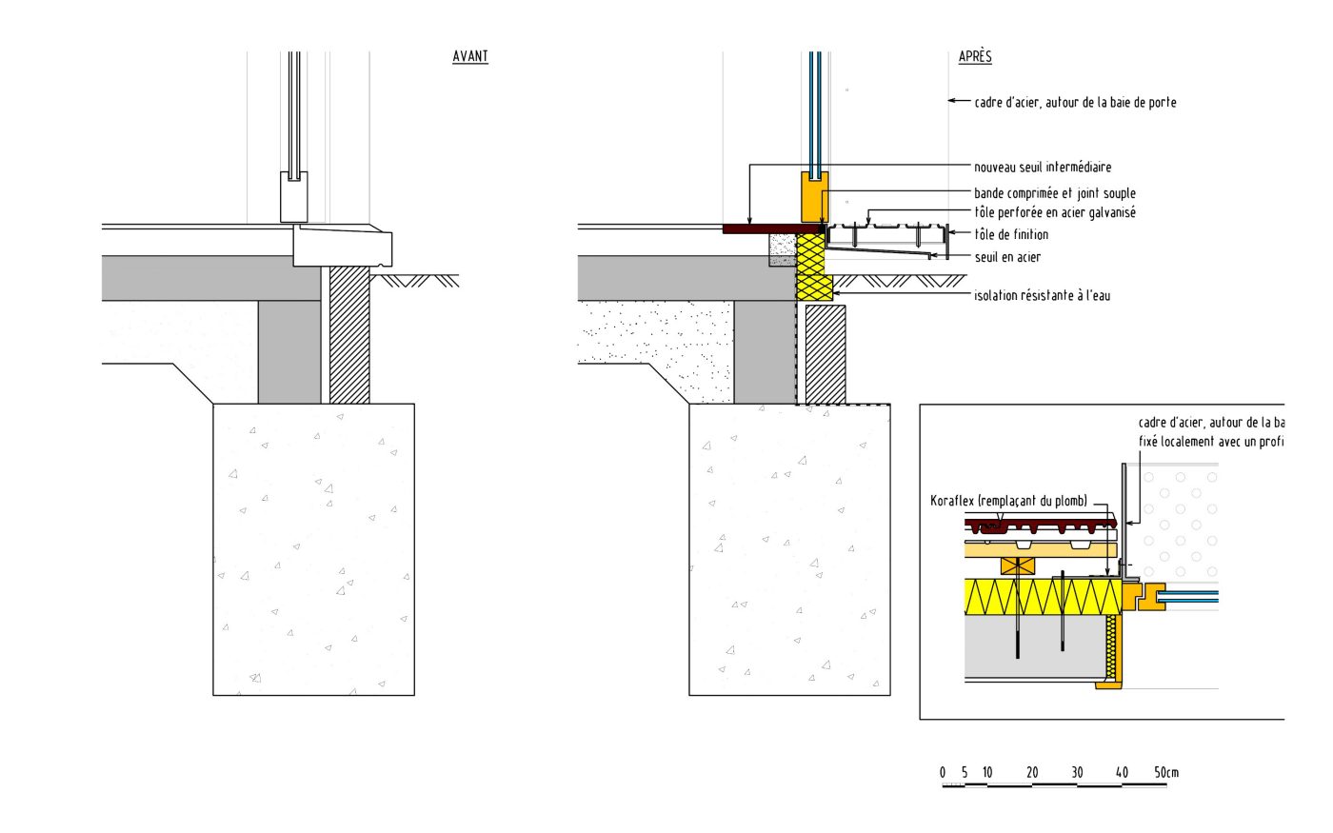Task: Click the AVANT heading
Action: click(469, 57)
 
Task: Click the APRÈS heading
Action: click(975, 57)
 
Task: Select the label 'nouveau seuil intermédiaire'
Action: click(1043, 168)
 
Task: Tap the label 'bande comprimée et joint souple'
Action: click(1054, 193)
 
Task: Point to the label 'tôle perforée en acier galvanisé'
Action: click(1054, 213)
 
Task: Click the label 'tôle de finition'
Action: click(1011, 235)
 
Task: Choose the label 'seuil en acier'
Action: click(1007, 257)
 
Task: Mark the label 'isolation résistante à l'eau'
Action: click(1042, 296)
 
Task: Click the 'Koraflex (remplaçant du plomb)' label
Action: click(1008, 501)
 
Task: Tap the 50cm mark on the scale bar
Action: click(1166, 772)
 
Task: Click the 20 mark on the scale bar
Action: click(1032, 772)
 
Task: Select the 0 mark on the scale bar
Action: click(943, 772)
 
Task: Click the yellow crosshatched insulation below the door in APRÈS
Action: click(811, 267)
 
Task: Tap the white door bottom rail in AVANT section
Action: click(293, 197)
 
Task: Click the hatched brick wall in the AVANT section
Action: click(349, 333)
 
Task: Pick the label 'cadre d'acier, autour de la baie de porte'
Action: click(1075, 103)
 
